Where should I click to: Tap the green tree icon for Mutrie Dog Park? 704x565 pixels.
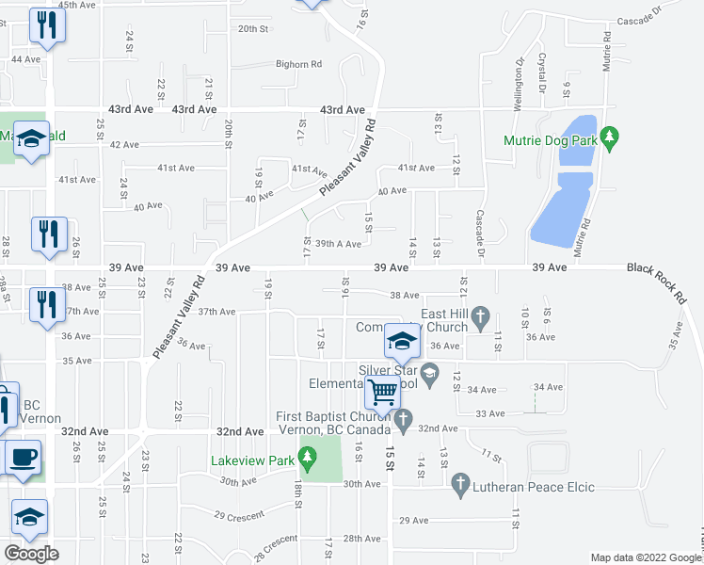[x=609, y=137]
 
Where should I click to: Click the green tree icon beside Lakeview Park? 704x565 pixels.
[x=306, y=460]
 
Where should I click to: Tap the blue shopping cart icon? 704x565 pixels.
[x=383, y=391]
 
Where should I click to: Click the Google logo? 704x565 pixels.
[x=31, y=554]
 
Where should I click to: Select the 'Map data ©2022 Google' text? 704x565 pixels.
[x=644, y=557]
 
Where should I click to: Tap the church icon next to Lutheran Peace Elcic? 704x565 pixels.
[x=460, y=486]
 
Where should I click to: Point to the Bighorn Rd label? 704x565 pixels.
[x=298, y=64]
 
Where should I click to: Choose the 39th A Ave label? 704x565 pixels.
[x=338, y=244]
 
